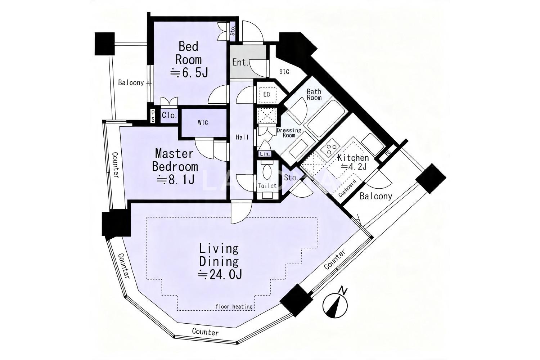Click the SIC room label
click(x=284, y=72)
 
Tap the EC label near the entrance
click(x=266, y=94)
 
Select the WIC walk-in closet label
click(x=203, y=123)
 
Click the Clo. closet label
click(x=169, y=115)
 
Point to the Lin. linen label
click(x=265, y=154)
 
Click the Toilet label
click(x=267, y=186)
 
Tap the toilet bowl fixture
click(x=267, y=171)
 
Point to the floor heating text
click(x=234, y=306)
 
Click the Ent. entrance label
click(x=240, y=62)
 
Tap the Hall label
click(x=242, y=137)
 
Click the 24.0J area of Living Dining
click(x=220, y=275)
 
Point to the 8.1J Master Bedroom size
click(x=176, y=180)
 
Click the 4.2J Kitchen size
click(x=354, y=166)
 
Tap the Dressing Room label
click(x=289, y=132)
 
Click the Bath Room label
click(x=314, y=95)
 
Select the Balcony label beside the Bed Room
click(x=131, y=83)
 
